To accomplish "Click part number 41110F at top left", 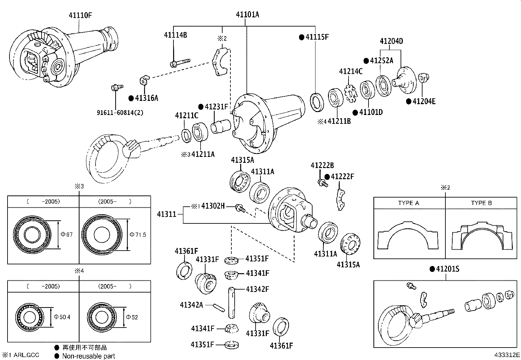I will coord(80,15).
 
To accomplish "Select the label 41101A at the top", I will coord(247,14).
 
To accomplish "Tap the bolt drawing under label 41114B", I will coord(179,63).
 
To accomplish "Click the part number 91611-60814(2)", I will coord(120,113).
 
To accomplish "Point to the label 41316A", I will coord(146,98).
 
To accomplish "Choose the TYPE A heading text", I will coord(408,203).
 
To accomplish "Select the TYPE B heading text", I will coord(481,203).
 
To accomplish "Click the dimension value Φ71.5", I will coord(138,235).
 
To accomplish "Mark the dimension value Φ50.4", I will coord(62,317).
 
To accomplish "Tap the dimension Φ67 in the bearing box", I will coord(67,235).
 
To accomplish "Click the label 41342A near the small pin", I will coord(191,305).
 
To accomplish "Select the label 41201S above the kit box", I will coord(447,269).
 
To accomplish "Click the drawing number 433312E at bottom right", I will coord(507,355).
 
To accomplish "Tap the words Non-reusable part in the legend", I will coord(88,356).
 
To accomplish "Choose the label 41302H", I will coord(213,206).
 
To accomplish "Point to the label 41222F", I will coord(342,177).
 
